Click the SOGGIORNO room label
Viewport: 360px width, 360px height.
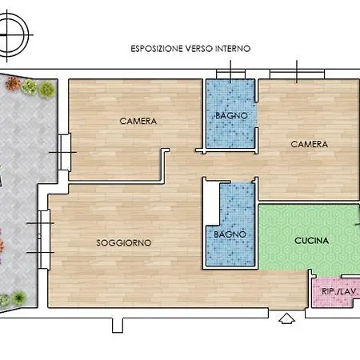point(124,242)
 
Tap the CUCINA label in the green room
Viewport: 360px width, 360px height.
point(311,241)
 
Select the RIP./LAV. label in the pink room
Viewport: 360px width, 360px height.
point(339,291)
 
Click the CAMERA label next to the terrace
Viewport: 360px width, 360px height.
point(138,121)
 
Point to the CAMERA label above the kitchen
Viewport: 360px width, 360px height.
point(309,144)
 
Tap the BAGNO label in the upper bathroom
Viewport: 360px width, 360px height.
point(231,116)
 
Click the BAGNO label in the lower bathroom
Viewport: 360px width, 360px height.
point(230,234)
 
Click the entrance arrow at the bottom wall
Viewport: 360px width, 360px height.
point(286,318)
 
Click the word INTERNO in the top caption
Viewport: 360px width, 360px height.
point(233,49)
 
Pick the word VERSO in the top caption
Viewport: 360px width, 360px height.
point(199,49)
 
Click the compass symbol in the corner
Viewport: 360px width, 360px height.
point(13,35)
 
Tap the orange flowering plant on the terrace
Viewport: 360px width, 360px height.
point(13,83)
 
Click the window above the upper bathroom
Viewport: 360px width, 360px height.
point(230,74)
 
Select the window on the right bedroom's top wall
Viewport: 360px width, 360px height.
point(297,74)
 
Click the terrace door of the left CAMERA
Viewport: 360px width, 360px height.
point(65,152)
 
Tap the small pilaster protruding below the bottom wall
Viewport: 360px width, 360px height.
point(118,326)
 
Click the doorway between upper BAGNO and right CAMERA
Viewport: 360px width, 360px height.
point(257,114)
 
